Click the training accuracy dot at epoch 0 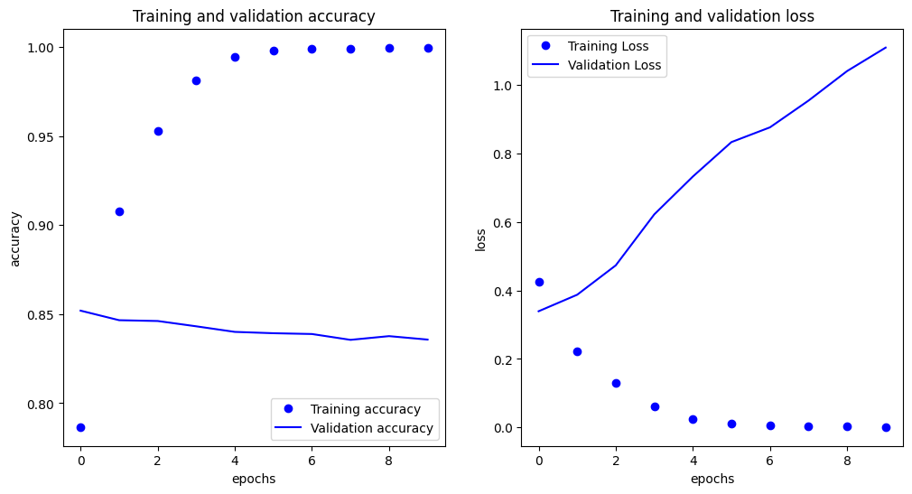coord(81,428)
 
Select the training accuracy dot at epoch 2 coord(158,132)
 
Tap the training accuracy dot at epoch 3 coord(197,81)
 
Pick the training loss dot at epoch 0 coord(539,282)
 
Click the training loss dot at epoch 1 coord(578,352)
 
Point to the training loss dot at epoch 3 coord(655,406)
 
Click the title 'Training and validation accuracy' coord(254,16)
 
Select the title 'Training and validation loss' coord(712,16)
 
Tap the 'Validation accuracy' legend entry coord(354,429)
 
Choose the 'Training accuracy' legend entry coord(354,410)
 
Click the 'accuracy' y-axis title coord(15,239)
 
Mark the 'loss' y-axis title coord(480,239)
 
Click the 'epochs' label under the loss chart coord(712,479)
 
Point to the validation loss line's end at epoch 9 coord(886,47)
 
